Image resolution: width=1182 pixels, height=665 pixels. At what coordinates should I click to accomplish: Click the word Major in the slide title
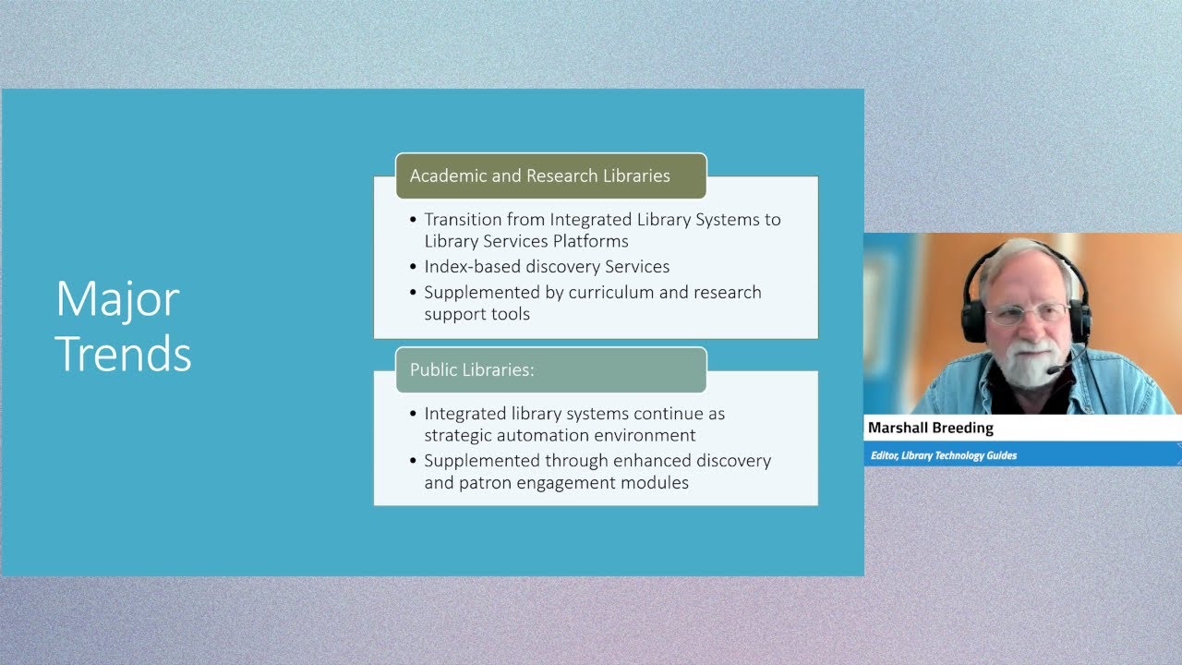point(117,299)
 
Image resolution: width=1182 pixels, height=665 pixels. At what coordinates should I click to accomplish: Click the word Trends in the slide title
point(124,354)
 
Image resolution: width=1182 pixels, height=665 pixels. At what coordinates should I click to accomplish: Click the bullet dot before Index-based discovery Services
point(413,268)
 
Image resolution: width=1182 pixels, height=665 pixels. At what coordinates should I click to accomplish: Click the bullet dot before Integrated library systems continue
point(413,415)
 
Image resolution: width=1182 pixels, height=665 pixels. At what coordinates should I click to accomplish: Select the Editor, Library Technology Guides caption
point(943,455)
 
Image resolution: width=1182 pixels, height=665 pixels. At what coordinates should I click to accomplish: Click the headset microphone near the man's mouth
point(1054,370)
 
